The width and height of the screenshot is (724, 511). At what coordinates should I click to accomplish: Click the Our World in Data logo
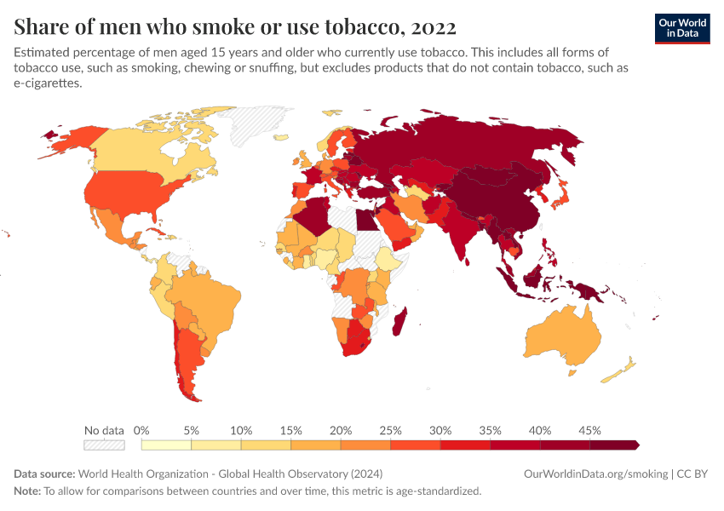click(681, 28)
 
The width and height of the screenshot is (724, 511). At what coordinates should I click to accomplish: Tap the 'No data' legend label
click(104, 430)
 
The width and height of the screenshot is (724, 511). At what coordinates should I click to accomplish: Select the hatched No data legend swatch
click(104, 445)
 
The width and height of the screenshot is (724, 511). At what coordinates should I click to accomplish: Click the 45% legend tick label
click(589, 430)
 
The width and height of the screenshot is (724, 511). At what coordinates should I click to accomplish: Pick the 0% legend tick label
click(141, 430)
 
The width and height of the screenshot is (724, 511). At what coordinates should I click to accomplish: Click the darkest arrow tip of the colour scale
click(635, 445)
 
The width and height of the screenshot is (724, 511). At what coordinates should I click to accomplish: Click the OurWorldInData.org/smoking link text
click(595, 474)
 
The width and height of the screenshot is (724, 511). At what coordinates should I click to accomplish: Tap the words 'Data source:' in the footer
click(44, 474)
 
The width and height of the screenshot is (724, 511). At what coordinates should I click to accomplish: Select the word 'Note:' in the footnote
click(27, 491)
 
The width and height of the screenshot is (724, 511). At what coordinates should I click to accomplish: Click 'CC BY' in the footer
click(692, 474)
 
